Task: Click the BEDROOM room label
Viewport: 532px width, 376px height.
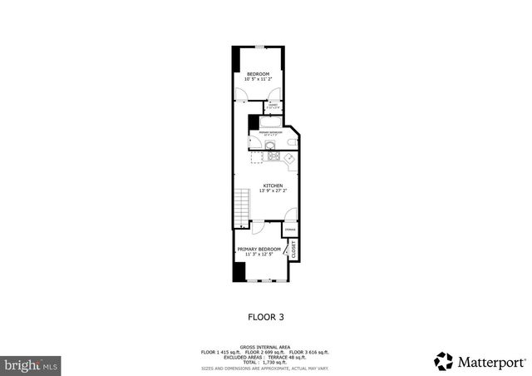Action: [259, 74]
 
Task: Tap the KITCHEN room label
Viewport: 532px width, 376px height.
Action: [273, 185]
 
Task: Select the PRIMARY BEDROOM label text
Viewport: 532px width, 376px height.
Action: [259, 249]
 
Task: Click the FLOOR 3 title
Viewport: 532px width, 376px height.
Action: [266, 317]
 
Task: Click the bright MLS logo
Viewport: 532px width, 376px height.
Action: [32, 365]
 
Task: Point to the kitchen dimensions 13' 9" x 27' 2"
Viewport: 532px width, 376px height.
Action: [273, 190]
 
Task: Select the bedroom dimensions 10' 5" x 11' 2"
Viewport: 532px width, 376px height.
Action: [259, 80]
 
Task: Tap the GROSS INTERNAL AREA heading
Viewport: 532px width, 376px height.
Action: [266, 347]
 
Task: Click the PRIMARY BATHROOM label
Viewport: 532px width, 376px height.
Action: [271, 132]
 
